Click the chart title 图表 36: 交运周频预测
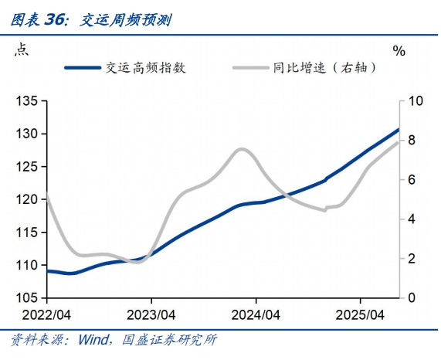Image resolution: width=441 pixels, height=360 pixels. tap(90, 20)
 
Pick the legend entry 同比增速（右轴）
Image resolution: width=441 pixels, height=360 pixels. tap(324, 67)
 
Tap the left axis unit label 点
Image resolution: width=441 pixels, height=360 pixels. tap(22, 50)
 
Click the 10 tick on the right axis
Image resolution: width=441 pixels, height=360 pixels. tap(416, 101)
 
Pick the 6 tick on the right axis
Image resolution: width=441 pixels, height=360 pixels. tap(412, 180)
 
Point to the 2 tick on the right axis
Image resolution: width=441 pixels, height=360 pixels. tap(412, 258)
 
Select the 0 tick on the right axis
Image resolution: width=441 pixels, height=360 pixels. tap(412, 297)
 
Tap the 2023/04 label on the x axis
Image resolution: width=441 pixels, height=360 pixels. tap(151, 315)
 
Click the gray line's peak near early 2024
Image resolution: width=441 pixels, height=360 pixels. tap(242, 149)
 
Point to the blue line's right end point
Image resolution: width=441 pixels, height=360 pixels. tap(399, 129)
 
